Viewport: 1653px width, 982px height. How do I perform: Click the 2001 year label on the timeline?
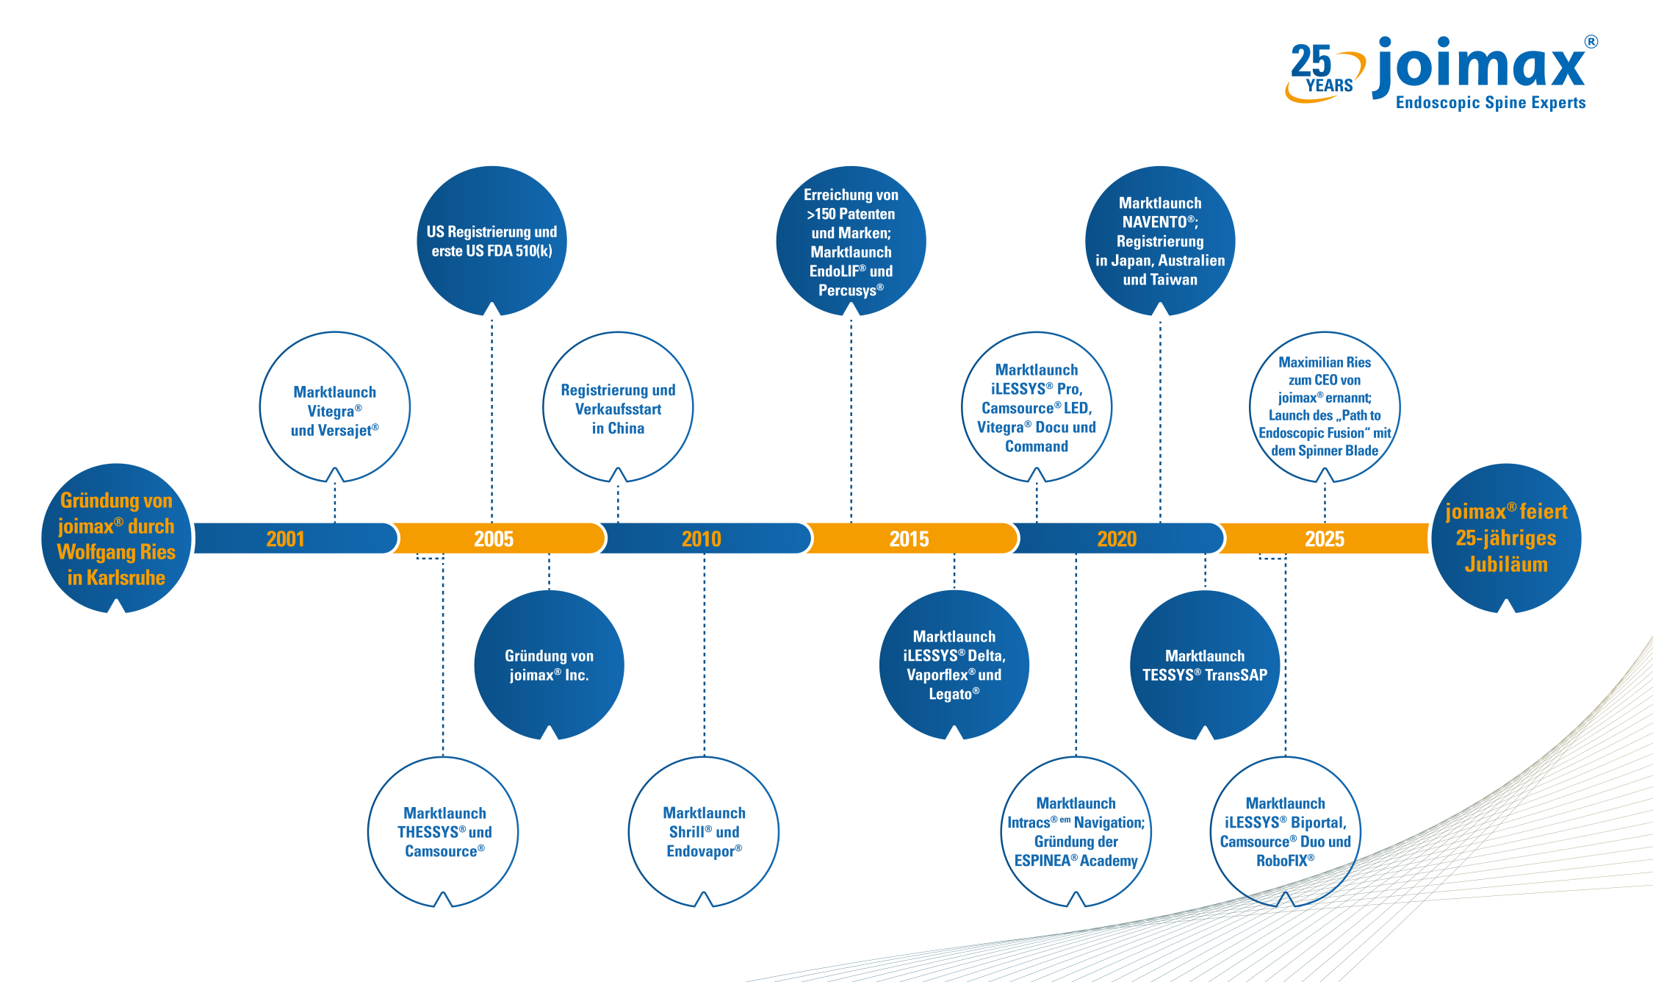coord(285,539)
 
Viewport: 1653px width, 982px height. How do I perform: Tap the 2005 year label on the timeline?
coord(493,539)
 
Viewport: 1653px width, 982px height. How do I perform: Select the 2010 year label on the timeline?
coord(701,539)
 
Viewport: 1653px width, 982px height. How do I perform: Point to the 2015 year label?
coord(909,539)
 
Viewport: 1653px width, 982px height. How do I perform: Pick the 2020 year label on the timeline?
coord(1117,539)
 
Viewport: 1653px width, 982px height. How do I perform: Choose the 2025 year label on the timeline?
coord(1324,539)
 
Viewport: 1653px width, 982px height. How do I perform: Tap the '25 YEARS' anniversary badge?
coord(1322,71)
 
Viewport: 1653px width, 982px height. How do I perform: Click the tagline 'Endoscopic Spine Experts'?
coord(1490,103)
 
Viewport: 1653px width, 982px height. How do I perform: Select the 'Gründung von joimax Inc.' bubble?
coord(549,665)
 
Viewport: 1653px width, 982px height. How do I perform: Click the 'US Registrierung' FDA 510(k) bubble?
coord(491,241)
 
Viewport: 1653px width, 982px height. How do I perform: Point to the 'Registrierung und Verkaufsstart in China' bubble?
coord(618,408)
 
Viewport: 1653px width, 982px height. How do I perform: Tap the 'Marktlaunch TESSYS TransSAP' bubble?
coord(1205,665)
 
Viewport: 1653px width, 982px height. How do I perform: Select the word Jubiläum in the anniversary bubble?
coord(1506,565)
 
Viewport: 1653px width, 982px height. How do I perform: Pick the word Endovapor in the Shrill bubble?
coord(700,851)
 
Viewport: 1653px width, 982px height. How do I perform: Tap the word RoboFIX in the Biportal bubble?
coord(1281,861)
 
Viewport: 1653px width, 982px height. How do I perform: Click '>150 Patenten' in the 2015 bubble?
coord(851,214)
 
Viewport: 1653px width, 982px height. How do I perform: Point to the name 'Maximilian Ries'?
coord(1325,362)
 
